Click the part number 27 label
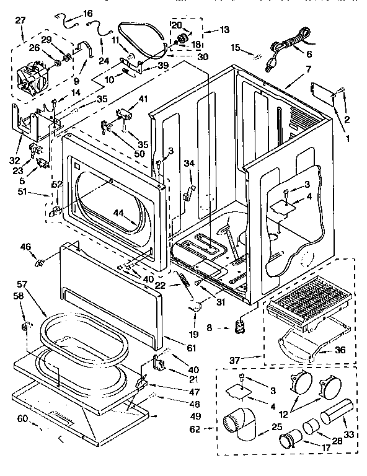coord(20,20)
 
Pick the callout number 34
coord(189,163)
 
